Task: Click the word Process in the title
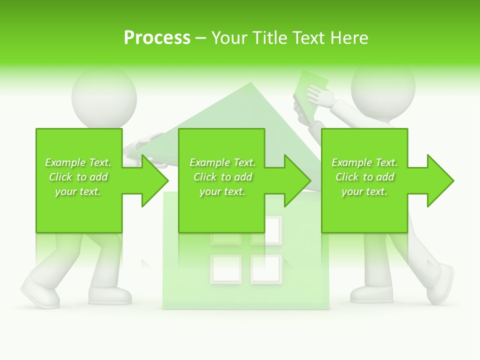click(x=157, y=38)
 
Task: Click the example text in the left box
click(x=78, y=177)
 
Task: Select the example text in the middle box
click(x=222, y=177)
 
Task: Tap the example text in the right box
click(x=364, y=177)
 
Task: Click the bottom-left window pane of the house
click(x=226, y=269)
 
